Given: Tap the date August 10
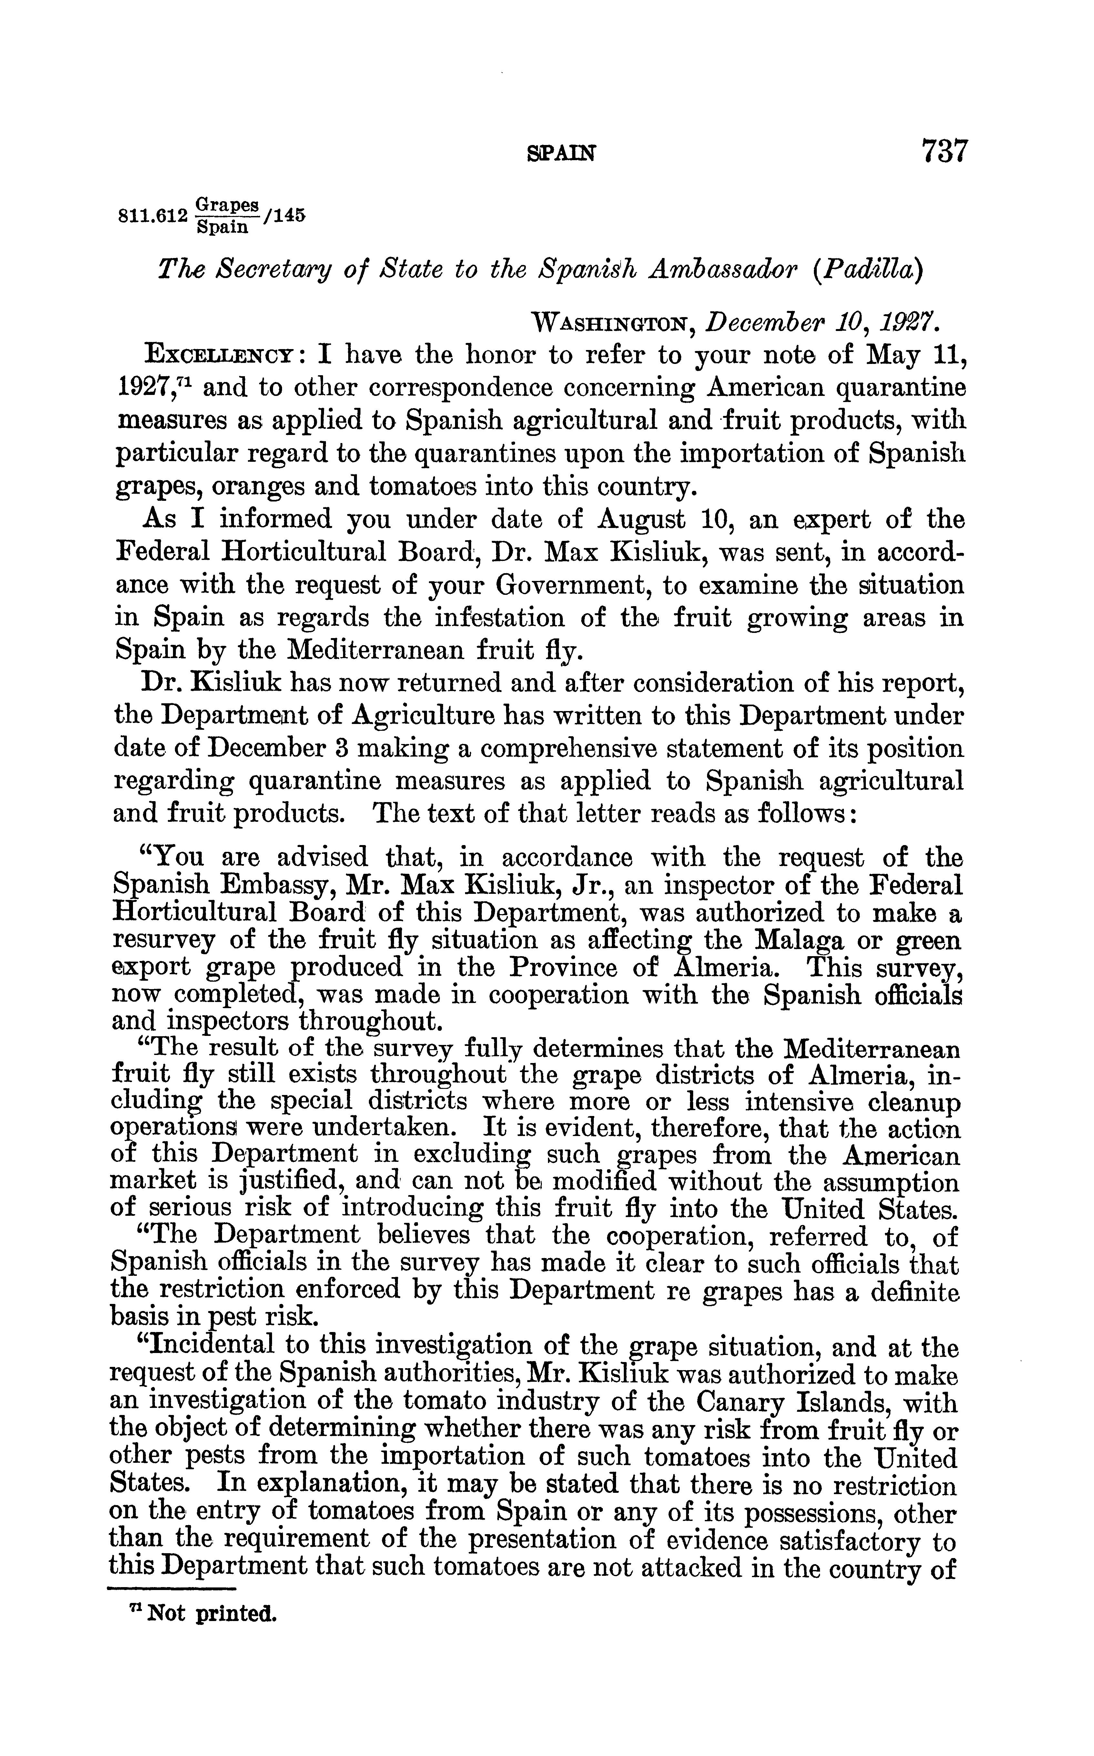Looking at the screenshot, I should point(653,519).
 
